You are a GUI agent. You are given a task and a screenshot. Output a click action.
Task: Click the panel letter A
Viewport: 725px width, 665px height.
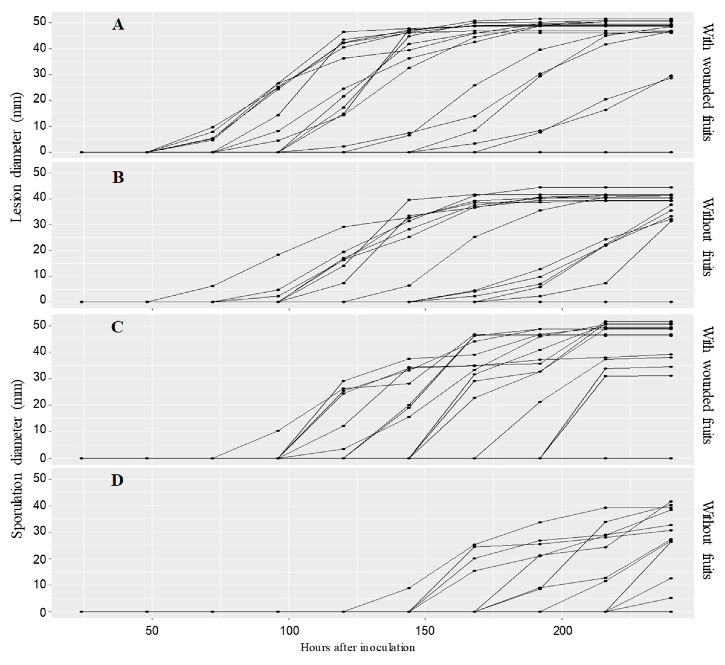click(x=118, y=25)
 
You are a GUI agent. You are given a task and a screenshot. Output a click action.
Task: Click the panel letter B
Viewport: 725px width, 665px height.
click(x=118, y=177)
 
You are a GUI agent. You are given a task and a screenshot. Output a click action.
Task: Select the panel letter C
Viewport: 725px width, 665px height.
click(x=117, y=327)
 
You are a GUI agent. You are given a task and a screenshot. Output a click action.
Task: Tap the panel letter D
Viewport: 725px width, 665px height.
click(x=117, y=480)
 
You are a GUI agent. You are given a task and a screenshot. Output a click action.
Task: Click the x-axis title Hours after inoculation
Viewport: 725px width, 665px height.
click(x=358, y=648)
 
